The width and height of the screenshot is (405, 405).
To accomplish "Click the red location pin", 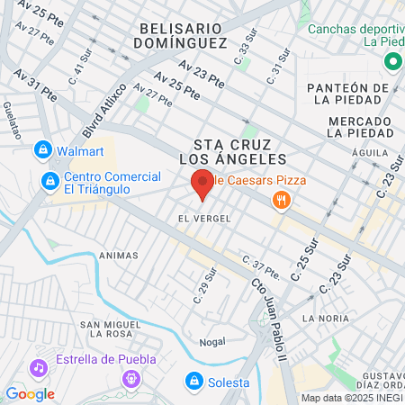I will pos(202,183).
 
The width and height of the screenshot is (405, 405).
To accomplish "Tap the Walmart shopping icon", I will pos(41,149).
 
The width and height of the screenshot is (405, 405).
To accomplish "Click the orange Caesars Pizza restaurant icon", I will pos(282,200).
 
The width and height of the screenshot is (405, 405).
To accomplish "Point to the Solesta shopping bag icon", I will pos(193,382).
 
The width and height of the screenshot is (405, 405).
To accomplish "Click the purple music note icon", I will pos(38,367).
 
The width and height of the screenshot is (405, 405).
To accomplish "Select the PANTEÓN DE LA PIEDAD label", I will pos(351,94).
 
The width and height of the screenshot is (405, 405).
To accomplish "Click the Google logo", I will pos(30,393).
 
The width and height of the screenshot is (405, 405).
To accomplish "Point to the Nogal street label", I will pos(211,342).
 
